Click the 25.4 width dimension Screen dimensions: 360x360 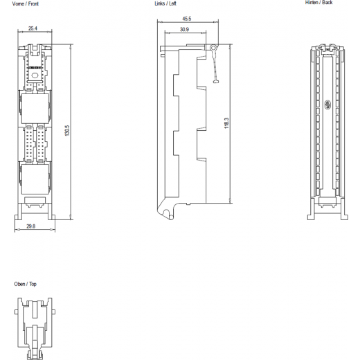tap(33, 28)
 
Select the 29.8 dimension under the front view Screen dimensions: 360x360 tap(31, 226)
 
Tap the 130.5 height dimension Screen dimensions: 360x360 tap(67, 130)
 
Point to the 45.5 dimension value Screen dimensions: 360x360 tap(187, 19)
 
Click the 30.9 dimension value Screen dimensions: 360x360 tap(184, 29)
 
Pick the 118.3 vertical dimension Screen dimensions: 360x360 tap(226, 123)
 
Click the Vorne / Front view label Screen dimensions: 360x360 tap(26, 3)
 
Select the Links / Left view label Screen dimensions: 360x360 tap(165, 3)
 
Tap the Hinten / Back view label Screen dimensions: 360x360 tap(318, 3)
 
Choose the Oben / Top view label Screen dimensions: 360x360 tap(25, 284)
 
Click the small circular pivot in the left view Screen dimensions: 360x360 tap(213, 48)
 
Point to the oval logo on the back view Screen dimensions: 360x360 tap(327, 105)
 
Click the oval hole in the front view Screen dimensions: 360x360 tap(35, 75)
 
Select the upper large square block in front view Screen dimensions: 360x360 tap(35, 109)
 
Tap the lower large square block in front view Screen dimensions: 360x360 tap(35, 179)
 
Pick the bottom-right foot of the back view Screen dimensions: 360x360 tap(344, 217)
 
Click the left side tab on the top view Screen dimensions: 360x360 tap(16, 312)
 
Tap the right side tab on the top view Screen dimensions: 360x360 tap(54, 312)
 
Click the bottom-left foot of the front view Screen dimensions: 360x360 tap(18, 217)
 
